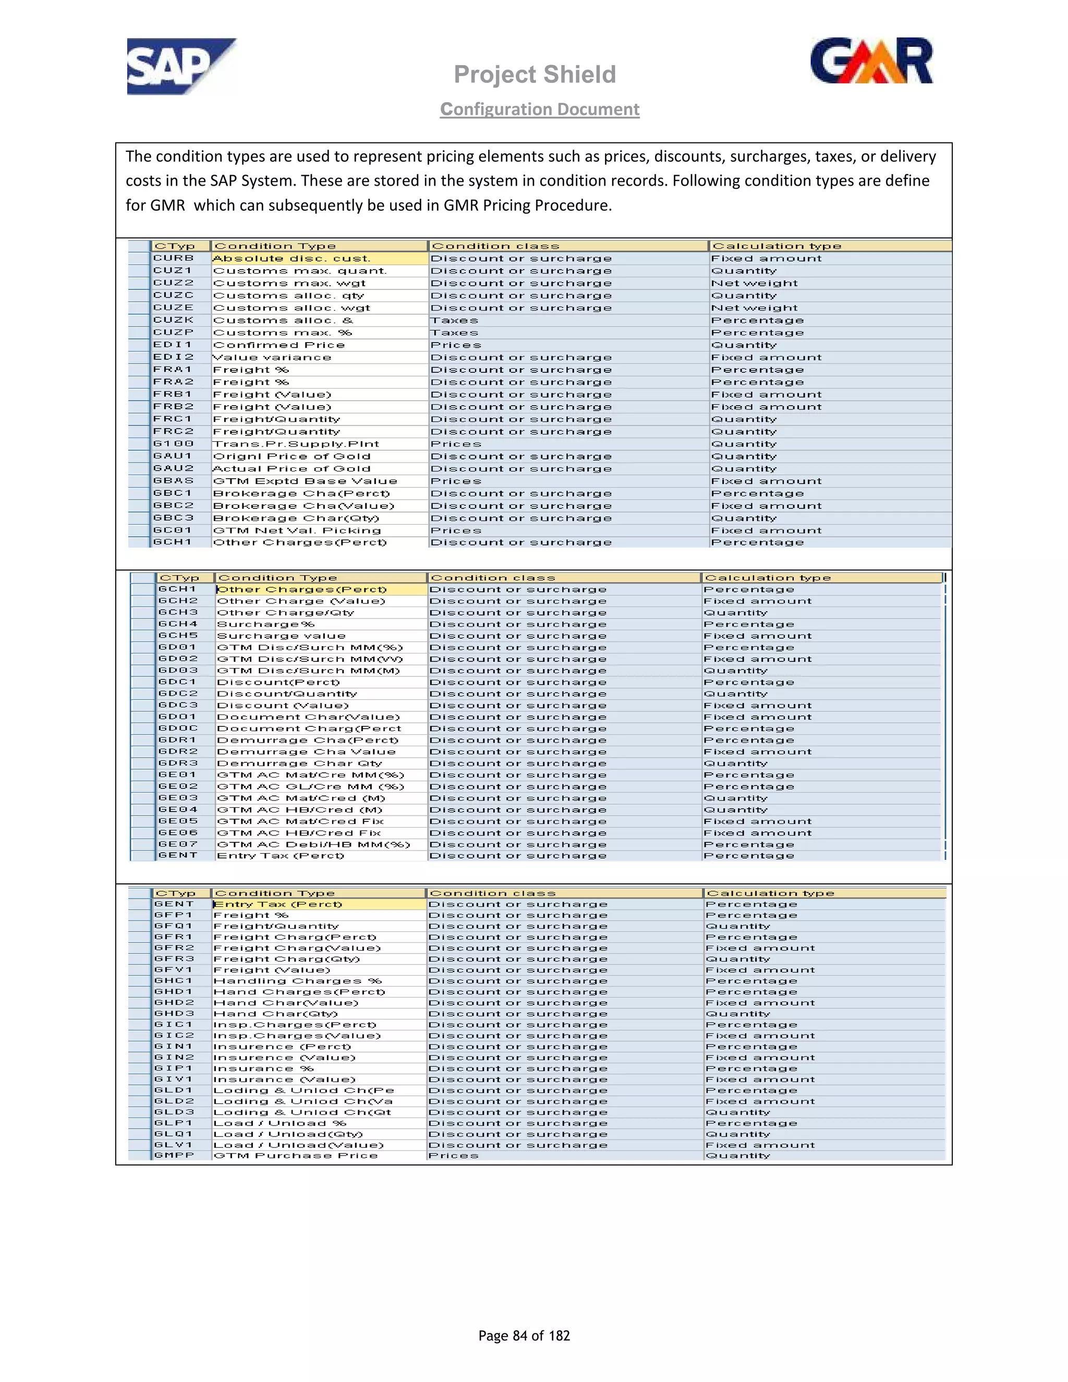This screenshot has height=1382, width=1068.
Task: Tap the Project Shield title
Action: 535,75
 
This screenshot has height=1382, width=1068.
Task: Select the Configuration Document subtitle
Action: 540,110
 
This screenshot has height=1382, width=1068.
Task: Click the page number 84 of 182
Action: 524,1335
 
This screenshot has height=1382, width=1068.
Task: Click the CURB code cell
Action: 173,258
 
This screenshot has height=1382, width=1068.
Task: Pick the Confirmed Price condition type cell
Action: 279,345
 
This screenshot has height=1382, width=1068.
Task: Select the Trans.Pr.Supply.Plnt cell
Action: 296,444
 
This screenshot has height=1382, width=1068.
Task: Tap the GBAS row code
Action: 173,481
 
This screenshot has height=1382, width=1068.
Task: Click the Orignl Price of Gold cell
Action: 292,456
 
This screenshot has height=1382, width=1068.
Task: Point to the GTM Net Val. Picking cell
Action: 297,530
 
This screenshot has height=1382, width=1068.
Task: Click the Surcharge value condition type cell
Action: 281,636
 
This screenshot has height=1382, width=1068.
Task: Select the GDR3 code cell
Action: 178,763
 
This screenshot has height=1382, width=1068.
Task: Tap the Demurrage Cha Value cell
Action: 306,751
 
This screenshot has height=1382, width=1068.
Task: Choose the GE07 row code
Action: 178,844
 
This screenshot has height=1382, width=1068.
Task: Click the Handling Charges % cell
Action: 297,981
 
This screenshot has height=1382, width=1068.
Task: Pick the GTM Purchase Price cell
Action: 296,1156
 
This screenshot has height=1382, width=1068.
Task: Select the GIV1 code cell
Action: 173,1080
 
